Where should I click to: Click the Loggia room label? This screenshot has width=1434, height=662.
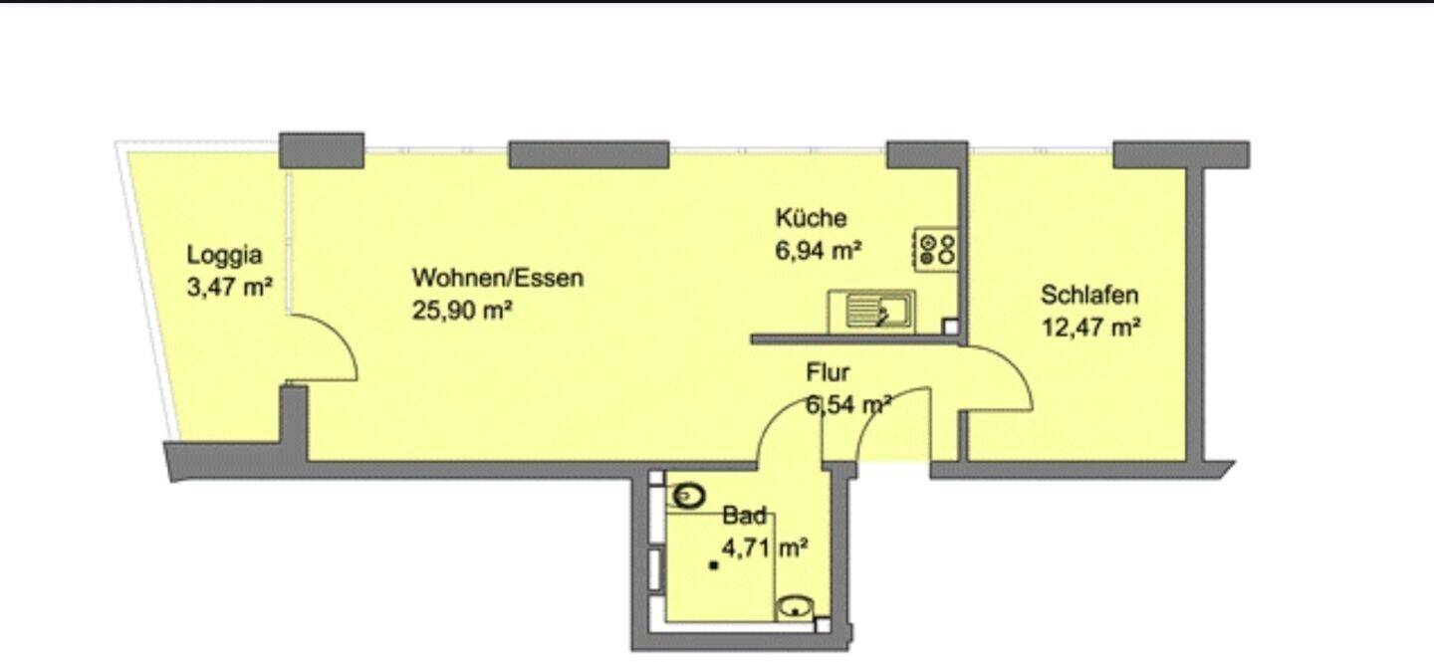pyautogui.click(x=225, y=255)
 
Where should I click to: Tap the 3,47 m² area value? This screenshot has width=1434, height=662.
pyautogui.click(x=230, y=289)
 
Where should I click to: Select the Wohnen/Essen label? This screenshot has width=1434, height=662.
pyautogui.click(x=498, y=278)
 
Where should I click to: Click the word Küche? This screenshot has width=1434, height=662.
pyautogui.click(x=812, y=218)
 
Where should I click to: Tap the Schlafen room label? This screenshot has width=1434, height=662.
pyautogui.click(x=1089, y=295)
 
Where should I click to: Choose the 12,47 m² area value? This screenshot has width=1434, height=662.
pyautogui.click(x=1090, y=328)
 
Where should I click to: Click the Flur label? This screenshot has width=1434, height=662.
pyautogui.click(x=828, y=373)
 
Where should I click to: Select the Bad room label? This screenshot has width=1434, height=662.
pyautogui.click(x=745, y=516)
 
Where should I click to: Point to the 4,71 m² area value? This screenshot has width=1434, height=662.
pyautogui.click(x=765, y=548)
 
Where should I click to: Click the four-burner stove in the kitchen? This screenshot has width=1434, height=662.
pyautogui.click(x=937, y=249)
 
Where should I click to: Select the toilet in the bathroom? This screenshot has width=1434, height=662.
pyautogui.click(x=689, y=494)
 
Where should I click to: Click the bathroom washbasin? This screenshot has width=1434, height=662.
pyautogui.click(x=796, y=606)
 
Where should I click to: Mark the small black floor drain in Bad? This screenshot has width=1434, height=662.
pyautogui.click(x=714, y=566)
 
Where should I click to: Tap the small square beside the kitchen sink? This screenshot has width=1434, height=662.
pyautogui.click(x=950, y=326)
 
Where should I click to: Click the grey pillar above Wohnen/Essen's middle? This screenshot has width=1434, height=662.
pyautogui.click(x=589, y=155)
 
